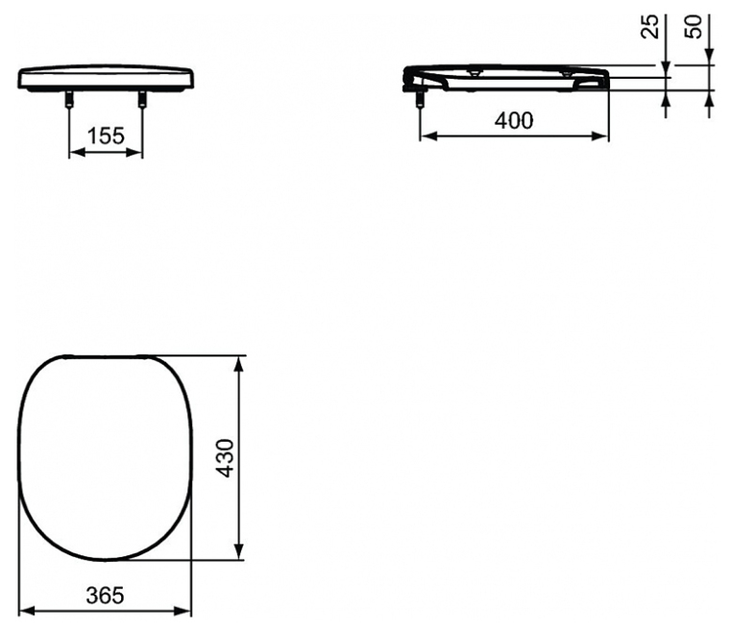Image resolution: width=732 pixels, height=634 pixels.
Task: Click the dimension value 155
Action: tap(106, 135)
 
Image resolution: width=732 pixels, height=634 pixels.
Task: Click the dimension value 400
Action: tap(514, 121)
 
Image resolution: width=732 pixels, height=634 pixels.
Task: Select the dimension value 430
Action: tap(227, 458)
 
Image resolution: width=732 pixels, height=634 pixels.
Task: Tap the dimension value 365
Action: tap(105, 596)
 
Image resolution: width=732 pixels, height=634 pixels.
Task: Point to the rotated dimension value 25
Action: tap(649, 26)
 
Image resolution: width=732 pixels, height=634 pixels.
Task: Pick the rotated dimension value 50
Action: tap(694, 27)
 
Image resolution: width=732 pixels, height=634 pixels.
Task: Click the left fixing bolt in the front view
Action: tap(69, 99)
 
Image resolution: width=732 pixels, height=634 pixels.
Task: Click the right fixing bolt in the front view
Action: tap(142, 99)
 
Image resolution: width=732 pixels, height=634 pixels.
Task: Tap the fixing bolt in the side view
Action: tap(420, 100)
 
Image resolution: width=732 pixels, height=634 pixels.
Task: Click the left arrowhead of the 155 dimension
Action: tap(76, 153)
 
